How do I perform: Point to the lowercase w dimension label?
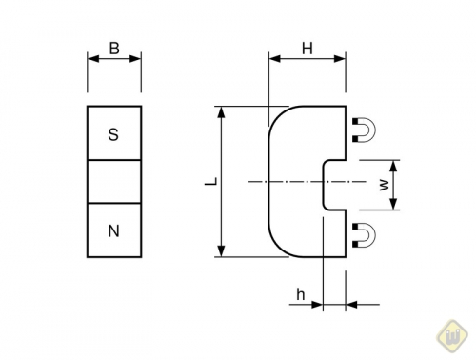coord(384,184)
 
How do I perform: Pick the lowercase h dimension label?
coord(300,295)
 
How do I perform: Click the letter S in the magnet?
coord(113,135)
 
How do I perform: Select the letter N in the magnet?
coord(113,230)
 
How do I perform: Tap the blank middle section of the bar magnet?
coord(113,182)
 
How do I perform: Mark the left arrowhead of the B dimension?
coord(92,59)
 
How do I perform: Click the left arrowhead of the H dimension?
coord(274,59)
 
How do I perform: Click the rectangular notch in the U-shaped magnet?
coord(333,182)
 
